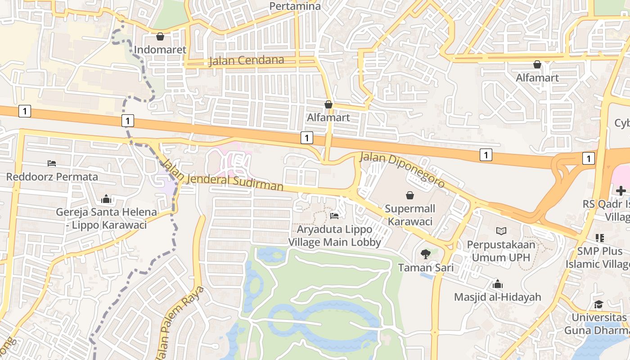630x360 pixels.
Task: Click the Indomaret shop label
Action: pos(160,49)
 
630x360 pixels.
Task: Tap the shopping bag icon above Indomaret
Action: pos(160,36)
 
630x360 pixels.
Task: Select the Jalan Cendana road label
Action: pos(246,60)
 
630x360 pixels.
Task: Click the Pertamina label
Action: pos(295,6)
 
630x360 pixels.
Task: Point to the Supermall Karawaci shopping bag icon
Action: pos(410,195)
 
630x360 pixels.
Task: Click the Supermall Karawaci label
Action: pos(410,215)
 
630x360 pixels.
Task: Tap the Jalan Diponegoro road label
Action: pos(402,170)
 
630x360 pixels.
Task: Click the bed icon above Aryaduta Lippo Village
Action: pos(334,216)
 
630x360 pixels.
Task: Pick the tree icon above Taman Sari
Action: pos(425,254)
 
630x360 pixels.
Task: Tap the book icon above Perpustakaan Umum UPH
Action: pos(501,231)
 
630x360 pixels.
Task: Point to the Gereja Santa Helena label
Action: pos(106,218)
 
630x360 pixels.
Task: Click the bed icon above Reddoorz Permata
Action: pos(52,163)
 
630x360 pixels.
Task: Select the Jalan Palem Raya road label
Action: pos(180,322)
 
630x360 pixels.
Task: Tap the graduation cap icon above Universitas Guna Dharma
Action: pos(598,305)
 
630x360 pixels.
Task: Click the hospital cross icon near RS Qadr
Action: pos(621,191)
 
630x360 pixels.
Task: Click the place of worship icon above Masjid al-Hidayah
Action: pos(497,284)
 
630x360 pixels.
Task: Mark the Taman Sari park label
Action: pos(425,268)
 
